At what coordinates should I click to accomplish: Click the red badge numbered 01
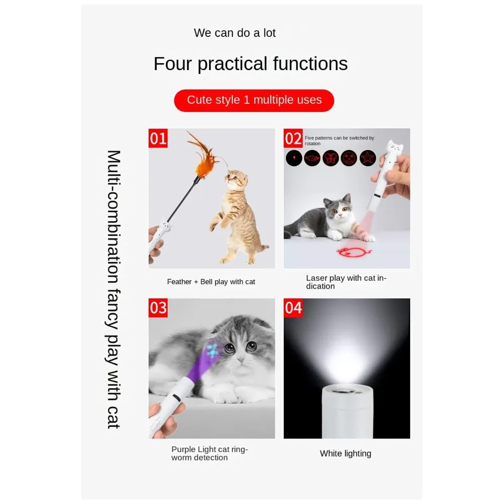(158, 138)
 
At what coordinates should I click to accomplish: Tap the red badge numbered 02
(293, 138)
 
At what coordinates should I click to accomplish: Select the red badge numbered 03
(158, 307)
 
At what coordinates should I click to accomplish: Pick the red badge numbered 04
(293, 307)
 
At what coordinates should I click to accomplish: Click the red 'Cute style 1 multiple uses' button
(254, 100)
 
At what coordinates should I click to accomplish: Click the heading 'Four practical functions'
(250, 64)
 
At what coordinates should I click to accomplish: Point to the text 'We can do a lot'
(235, 33)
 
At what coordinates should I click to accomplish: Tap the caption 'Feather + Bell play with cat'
(211, 282)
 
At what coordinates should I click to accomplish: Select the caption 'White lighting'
(345, 454)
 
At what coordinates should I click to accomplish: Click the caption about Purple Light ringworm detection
(210, 453)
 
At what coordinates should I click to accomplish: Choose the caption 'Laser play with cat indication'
(346, 282)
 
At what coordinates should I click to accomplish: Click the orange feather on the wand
(204, 154)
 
